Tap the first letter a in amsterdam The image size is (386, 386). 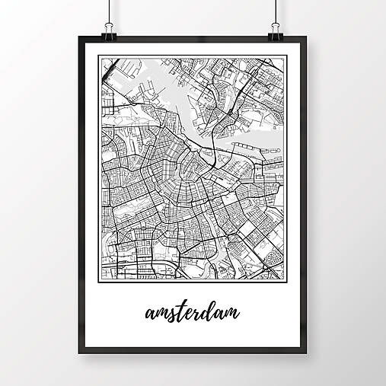tap(148, 314)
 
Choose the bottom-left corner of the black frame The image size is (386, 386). tap(80, 356)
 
